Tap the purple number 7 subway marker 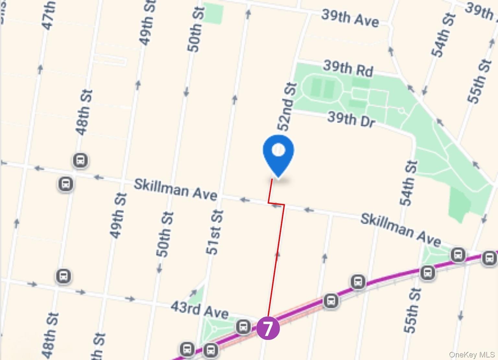tap(268, 329)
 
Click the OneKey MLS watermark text tap(472, 355)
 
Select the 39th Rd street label tap(348, 68)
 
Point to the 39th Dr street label tap(351, 119)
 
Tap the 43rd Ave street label tap(199, 309)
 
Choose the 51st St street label tap(215, 232)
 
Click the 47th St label tap(49, 16)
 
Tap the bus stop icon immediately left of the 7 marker tap(243, 327)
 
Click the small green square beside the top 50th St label tap(214, 14)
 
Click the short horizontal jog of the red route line tap(276, 204)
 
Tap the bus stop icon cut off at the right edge tap(489, 258)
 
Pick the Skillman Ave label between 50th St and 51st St tap(175, 189)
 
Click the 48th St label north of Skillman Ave tap(84, 112)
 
